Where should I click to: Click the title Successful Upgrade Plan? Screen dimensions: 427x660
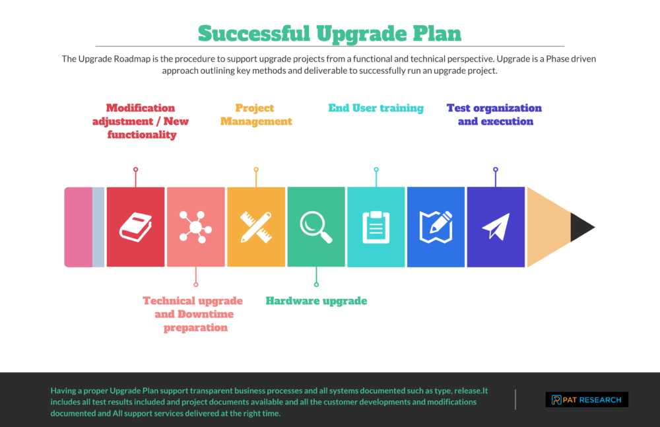[329, 33]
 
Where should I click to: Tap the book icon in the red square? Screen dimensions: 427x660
[135, 227]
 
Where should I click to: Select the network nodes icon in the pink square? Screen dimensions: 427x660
[195, 227]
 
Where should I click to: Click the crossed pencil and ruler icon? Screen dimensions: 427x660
[256, 227]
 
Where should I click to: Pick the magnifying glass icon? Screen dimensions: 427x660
[316, 227]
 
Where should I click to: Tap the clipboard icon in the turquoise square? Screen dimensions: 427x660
[376, 227]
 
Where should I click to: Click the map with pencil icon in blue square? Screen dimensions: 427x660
[436, 227]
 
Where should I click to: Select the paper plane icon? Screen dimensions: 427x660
[496, 227]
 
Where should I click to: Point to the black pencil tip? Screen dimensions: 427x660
[581, 227]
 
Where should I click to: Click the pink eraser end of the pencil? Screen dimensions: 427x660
[78, 227]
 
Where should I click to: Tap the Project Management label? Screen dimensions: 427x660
[256, 115]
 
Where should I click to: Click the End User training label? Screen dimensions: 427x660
[376, 108]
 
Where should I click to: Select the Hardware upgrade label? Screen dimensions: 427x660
[316, 301]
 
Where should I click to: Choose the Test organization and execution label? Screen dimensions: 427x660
[495, 115]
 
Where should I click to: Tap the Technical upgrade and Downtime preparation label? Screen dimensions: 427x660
[193, 314]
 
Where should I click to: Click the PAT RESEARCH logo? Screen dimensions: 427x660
[587, 399]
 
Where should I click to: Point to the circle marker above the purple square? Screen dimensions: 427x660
[496, 170]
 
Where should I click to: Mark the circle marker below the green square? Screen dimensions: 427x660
[316, 284]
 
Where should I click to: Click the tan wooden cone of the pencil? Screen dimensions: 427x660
[548, 227]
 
